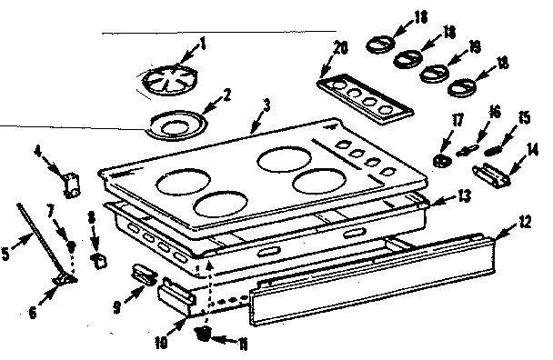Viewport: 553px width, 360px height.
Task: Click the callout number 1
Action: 203,43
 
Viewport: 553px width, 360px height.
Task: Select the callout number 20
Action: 340,47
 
